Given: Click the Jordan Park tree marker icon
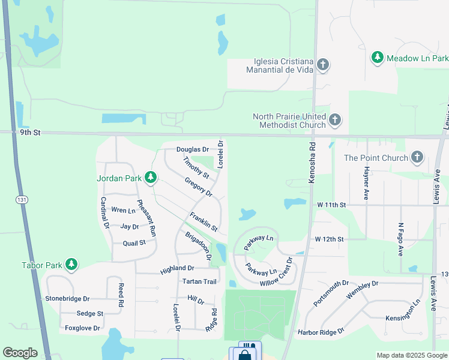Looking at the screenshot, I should coord(151,177).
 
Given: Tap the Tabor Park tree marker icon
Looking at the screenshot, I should coord(71,265).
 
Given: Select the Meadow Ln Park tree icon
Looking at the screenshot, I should coord(378,58).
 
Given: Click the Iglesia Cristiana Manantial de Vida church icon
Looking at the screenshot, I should coord(322,64).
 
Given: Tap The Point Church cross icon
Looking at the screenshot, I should coord(417,158).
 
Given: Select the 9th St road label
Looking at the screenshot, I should coord(29,133).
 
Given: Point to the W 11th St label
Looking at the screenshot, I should coord(332,205).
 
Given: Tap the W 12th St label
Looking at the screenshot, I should coord(330,239).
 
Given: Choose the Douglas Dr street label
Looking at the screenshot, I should coord(192,149).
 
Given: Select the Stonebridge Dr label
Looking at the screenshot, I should coord(67,298).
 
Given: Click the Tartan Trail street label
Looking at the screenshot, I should coord(199,281).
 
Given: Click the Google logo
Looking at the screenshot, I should coord(20,353).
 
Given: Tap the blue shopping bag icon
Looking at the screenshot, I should coord(244,355).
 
